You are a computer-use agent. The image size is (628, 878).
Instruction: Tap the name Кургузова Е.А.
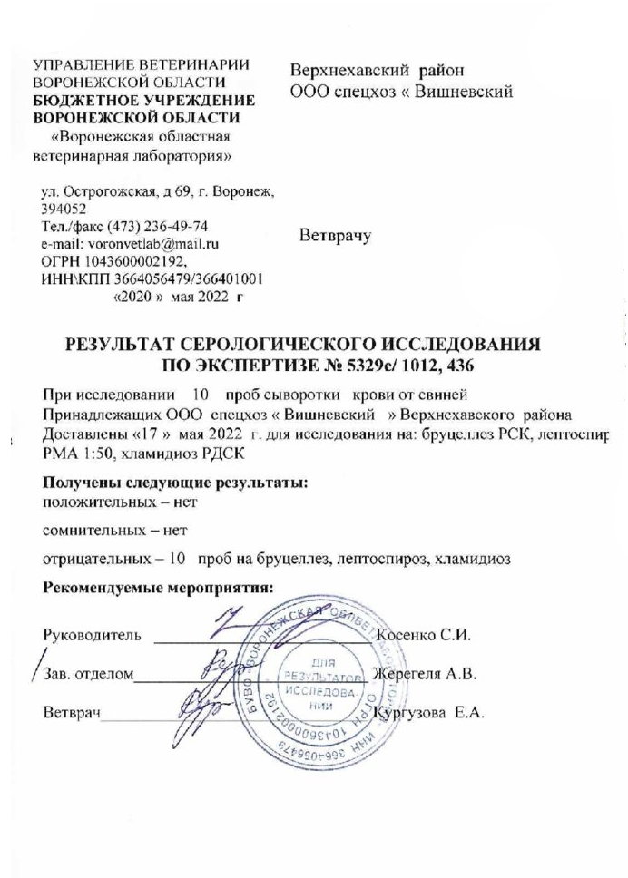click(x=437, y=713)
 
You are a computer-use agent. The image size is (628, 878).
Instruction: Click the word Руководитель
click(x=92, y=635)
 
